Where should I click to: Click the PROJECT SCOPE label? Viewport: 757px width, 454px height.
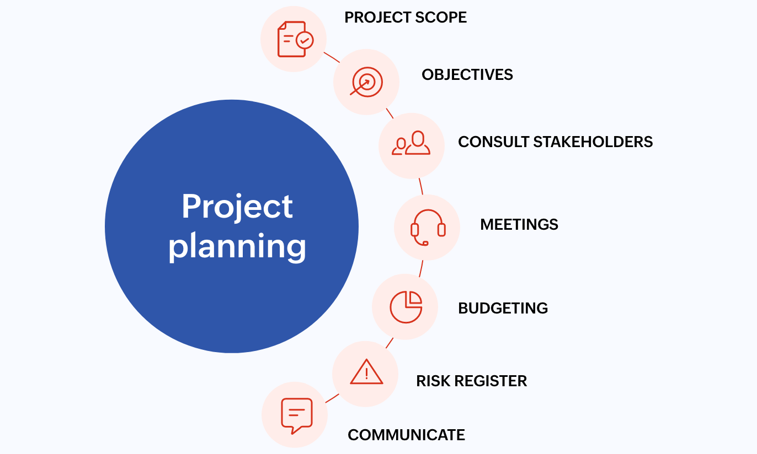406,17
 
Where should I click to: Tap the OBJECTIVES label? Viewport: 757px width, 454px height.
467,74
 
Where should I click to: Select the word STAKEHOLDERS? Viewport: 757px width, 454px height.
593,142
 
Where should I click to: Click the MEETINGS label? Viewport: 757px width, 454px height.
519,224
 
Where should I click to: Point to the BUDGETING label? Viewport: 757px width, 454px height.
503,308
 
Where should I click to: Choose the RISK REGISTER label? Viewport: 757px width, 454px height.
471,381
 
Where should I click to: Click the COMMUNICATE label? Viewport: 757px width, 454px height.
406,435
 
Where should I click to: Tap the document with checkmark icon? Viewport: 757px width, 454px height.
295,39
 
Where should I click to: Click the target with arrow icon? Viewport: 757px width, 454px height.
366,82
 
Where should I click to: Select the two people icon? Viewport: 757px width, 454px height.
411,143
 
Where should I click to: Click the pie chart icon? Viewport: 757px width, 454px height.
406,307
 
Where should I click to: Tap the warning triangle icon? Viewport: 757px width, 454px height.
366,372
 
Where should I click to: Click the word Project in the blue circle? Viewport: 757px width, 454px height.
237,207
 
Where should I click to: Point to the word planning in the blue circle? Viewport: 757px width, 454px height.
237,246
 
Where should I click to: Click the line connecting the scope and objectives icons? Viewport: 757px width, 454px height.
332,57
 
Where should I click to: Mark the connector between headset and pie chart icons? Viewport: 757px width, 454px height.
421,269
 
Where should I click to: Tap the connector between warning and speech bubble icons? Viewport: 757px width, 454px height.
332,398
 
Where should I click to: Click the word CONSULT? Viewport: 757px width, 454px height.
493,142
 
